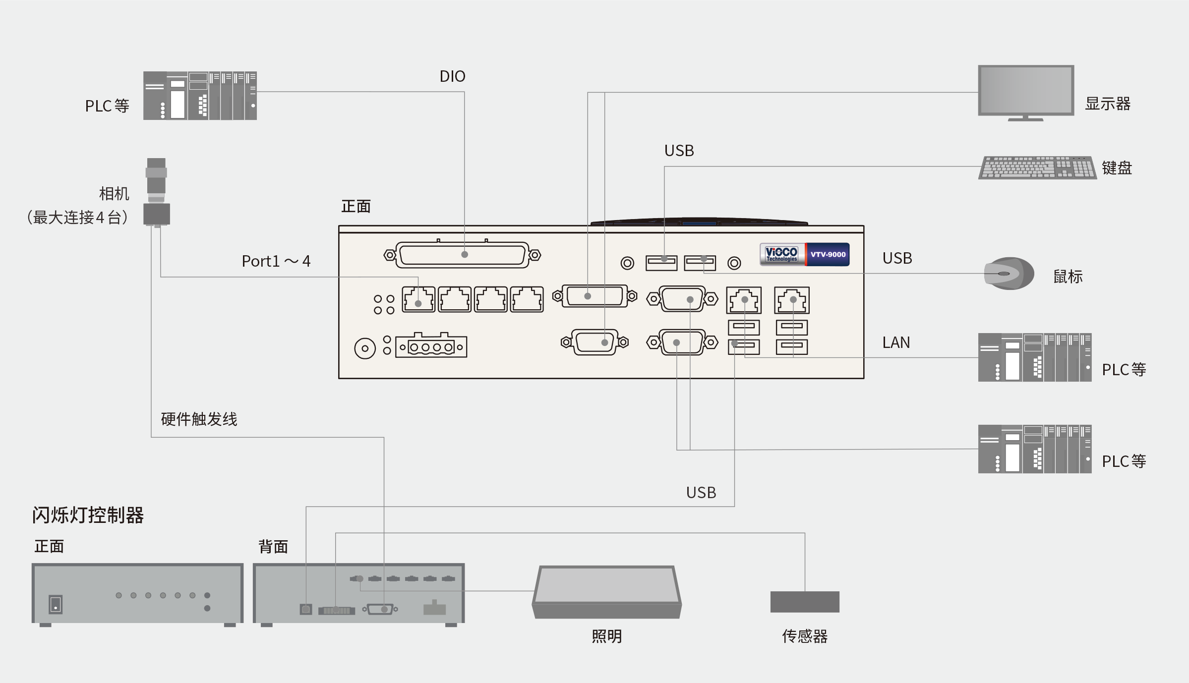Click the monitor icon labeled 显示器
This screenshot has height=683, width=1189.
click(1026, 93)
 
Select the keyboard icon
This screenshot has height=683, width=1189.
click(1037, 168)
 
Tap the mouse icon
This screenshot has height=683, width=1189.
click(1009, 273)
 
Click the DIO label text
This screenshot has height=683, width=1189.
click(452, 76)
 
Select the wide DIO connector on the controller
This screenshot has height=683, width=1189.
click(462, 255)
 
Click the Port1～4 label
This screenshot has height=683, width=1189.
click(276, 261)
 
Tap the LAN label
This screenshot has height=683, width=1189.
click(896, 342)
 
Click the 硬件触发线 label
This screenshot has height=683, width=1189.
click(199, 419)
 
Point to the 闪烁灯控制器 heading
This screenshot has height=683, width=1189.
click(88, 515)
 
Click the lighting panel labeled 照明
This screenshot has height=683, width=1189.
click(607, 592)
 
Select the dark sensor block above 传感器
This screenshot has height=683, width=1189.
click(805, 602)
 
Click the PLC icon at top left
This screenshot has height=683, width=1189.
click(200, 96)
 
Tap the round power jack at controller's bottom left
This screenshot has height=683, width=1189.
click(365, 348)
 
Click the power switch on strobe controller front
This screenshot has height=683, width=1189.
click(56, 604)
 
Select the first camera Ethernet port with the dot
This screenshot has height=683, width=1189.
click(418, 299)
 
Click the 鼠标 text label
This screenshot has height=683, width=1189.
click(1068, 277)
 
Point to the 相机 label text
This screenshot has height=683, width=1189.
click(114, 194)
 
